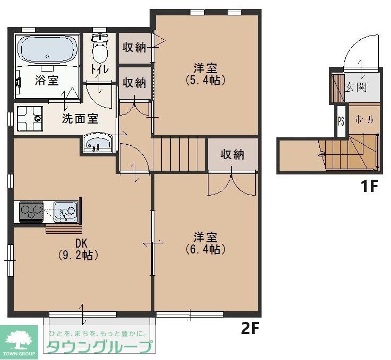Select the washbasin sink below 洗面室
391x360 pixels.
click(97, 143)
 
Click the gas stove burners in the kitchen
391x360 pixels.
click(31, 212)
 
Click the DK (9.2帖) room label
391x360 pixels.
click(80, 249)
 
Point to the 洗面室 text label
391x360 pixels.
click(80, 119)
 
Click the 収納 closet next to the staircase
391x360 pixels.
click(232, 154)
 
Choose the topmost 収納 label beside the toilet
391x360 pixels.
click(134, 47)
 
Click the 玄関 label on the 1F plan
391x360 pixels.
click(356, 87)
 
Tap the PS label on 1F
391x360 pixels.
click(341, 120)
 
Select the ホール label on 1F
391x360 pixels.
click(364, 119)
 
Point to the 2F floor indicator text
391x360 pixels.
click(250, 329)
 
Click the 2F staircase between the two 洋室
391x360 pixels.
click(179, 154)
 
